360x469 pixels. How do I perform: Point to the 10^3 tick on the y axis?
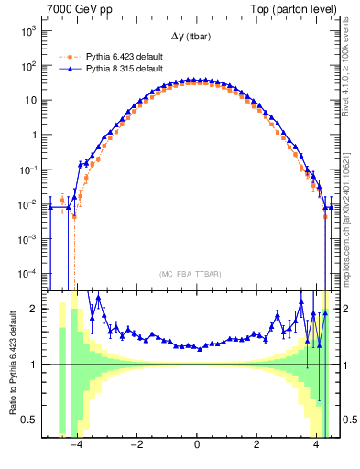[x=28, y=31]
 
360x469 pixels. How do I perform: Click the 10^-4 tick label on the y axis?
[x=28, y=273]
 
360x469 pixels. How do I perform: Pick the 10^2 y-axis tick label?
[x=28, y=66]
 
